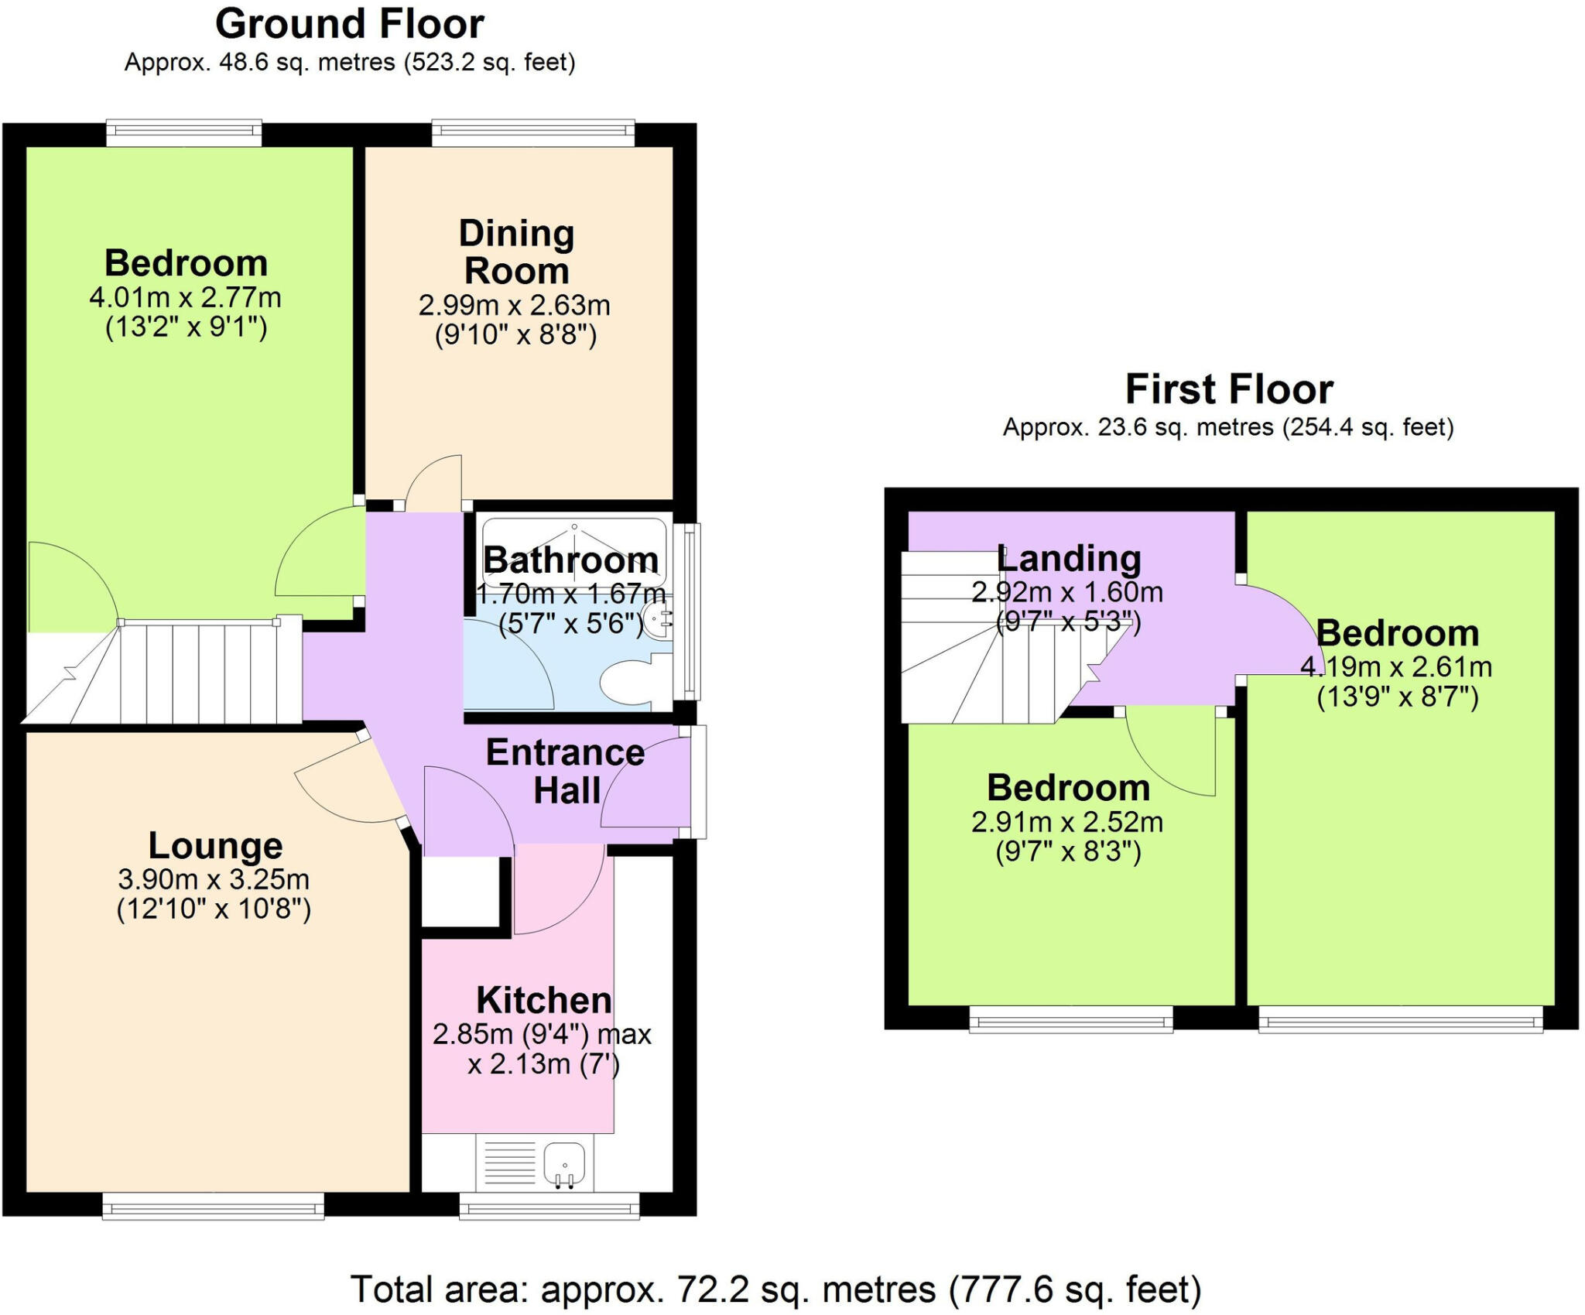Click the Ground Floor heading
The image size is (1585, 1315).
[x=349, y=23]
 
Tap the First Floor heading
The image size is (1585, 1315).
[x=1228, y=389]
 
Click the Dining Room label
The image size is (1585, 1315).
[x=516, y=252]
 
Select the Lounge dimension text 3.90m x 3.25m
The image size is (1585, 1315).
[x=214, y=878]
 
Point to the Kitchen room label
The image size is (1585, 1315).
[x=543, y=1000]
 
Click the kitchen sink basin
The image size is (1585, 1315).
[x=565, y=1164]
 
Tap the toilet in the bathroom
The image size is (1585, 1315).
[x=631, y=682]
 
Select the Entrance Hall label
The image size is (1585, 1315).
[x=566, y=771]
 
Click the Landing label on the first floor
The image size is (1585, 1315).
[x=1070, y=558]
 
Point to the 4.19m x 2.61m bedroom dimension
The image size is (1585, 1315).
[x=1396, y=666]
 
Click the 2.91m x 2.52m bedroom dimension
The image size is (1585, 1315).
[x=1067, y=821]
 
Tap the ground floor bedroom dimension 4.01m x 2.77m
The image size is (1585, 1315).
[x=185, y=297]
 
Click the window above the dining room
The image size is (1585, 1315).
[x=532, y=132]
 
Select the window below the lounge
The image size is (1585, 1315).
[x=213, y=1205]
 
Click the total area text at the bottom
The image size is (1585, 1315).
[x=775, y=1289]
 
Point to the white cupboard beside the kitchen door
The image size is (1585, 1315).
[x=460, y=891]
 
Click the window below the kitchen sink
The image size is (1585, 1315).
[x=549, y=1205]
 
